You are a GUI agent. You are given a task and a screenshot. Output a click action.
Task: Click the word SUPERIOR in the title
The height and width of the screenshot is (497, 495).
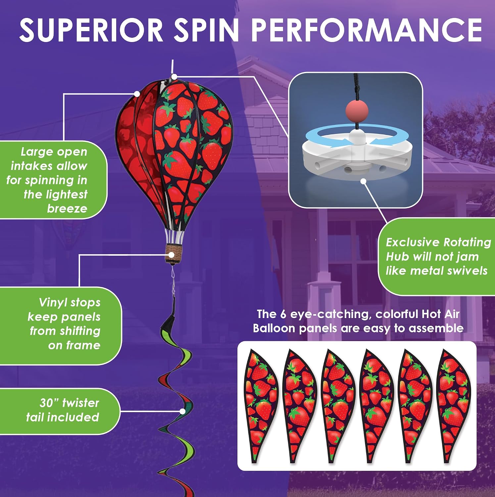91,30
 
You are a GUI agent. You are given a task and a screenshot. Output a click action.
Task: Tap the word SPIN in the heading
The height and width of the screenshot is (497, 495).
206,30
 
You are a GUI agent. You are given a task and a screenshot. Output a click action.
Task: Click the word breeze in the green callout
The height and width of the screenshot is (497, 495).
67,208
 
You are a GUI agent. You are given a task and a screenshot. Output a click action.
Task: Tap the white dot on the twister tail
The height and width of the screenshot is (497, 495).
182,411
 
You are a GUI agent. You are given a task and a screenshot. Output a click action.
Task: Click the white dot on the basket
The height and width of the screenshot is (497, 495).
172,255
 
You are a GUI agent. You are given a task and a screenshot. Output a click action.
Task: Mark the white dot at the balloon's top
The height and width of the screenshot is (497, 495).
174,77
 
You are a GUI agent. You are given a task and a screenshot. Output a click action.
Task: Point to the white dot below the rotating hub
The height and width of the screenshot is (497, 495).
364,181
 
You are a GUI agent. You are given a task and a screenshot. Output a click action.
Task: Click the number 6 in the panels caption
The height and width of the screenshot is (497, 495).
283,314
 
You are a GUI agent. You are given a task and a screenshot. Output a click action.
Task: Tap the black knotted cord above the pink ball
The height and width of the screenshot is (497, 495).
356,86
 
